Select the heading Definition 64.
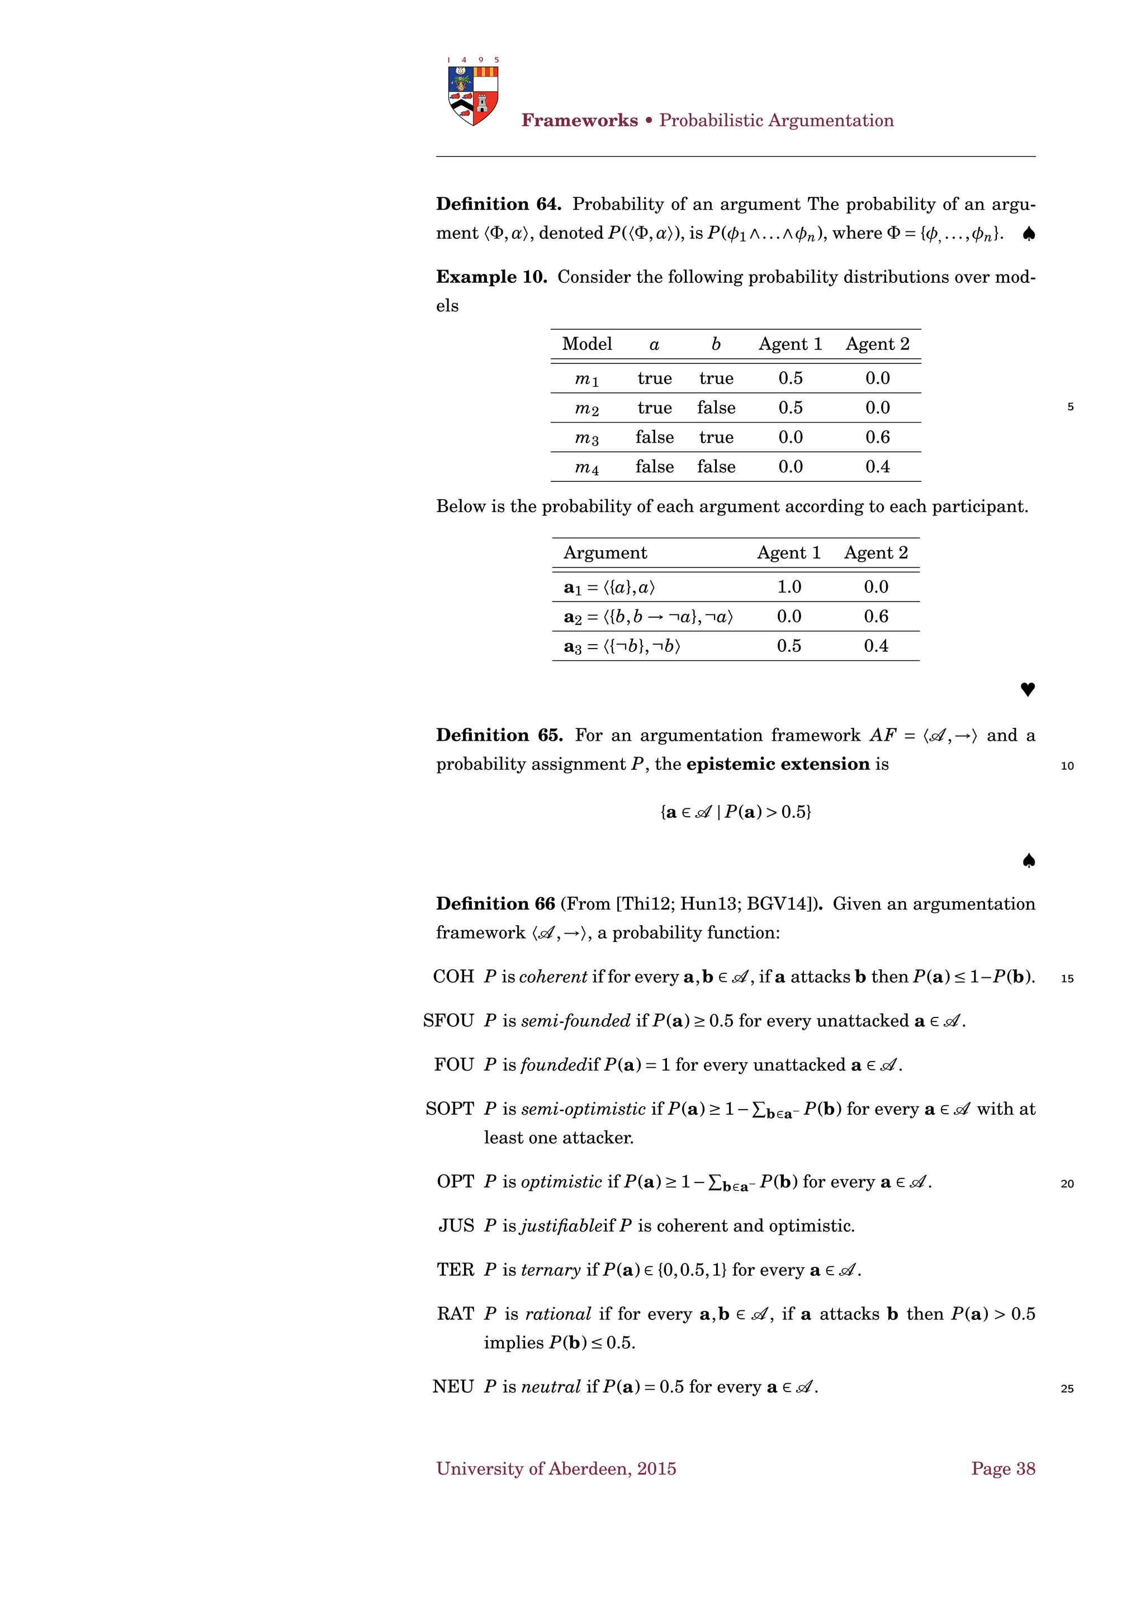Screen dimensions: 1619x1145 [x=498, y=205]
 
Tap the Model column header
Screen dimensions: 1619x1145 [x=586, y=344]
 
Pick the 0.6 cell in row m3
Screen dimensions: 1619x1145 [x=877, y=437]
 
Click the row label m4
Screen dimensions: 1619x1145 [x=586, y=467]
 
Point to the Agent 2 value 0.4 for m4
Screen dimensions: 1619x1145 [x=877, y=467]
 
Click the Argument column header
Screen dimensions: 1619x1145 [x=605, y=553]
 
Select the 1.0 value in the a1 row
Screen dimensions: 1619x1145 [x=789, y=586]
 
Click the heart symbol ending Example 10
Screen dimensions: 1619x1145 [x=1027, y=689]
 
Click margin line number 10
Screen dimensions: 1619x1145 [x=1067, y=766]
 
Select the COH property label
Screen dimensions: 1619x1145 [x=453, y=977]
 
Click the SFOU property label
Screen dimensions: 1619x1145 [x=448, y=1021]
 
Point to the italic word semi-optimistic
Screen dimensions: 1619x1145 [x=583, y=1109]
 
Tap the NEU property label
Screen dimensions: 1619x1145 [x=453, y=1387]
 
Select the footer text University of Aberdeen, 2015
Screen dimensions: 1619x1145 [x=556, y=1469]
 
